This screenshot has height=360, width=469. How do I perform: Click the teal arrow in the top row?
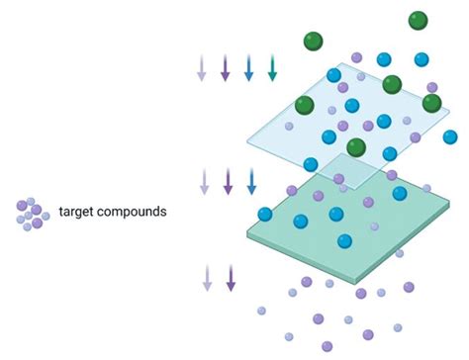pos(272,67)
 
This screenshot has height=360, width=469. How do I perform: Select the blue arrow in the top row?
pos(248,67)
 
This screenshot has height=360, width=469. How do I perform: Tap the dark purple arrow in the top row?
pos(225,67)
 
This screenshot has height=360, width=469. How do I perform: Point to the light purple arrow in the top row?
pos(202,67)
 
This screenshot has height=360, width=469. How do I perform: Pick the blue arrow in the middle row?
pos(251,180)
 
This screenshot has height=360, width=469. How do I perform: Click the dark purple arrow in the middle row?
pos(229,180)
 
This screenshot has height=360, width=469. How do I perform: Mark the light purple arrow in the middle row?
pos(205,180)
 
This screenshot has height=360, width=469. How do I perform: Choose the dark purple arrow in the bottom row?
pos(231,277)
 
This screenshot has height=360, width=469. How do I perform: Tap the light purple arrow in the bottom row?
pos(207,277)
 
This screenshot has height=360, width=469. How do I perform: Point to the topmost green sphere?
pos(418,20)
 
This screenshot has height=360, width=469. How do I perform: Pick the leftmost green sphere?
pos(304,105)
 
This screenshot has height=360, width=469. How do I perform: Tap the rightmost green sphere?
pos(431,103)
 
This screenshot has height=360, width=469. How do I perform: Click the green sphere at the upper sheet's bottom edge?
pos(356,148)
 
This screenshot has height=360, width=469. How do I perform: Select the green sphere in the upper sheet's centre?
pos(392,84)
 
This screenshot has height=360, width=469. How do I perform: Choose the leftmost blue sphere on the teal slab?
pos(265,214)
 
